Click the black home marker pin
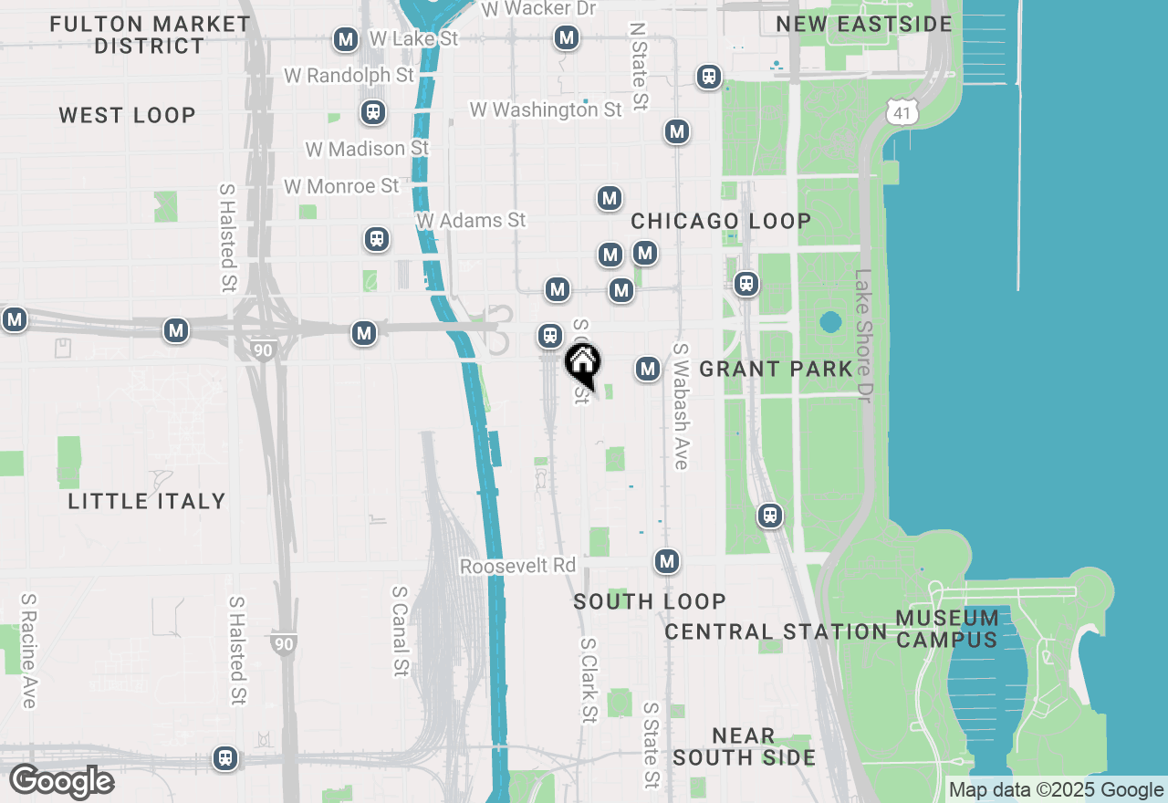pos(582,363)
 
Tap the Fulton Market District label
pos(150,35)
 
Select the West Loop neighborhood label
pos(128,115)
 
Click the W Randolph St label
pos(349,75)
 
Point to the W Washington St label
pos(546,109)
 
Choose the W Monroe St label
pos(341,186)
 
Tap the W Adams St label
pos(471,221)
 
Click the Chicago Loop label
pos(721,221)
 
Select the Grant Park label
pos(776,369)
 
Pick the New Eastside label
pos(864,24)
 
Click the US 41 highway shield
pos(902,112)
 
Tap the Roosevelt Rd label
pos(517,566)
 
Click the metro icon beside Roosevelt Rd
pos(667,560)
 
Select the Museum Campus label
pos(946,629)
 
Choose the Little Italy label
pos(147,501)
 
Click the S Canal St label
pos(399,631)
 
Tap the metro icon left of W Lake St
pos(346,39)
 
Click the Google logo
pos(61,782)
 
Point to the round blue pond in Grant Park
pos(830,322)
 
